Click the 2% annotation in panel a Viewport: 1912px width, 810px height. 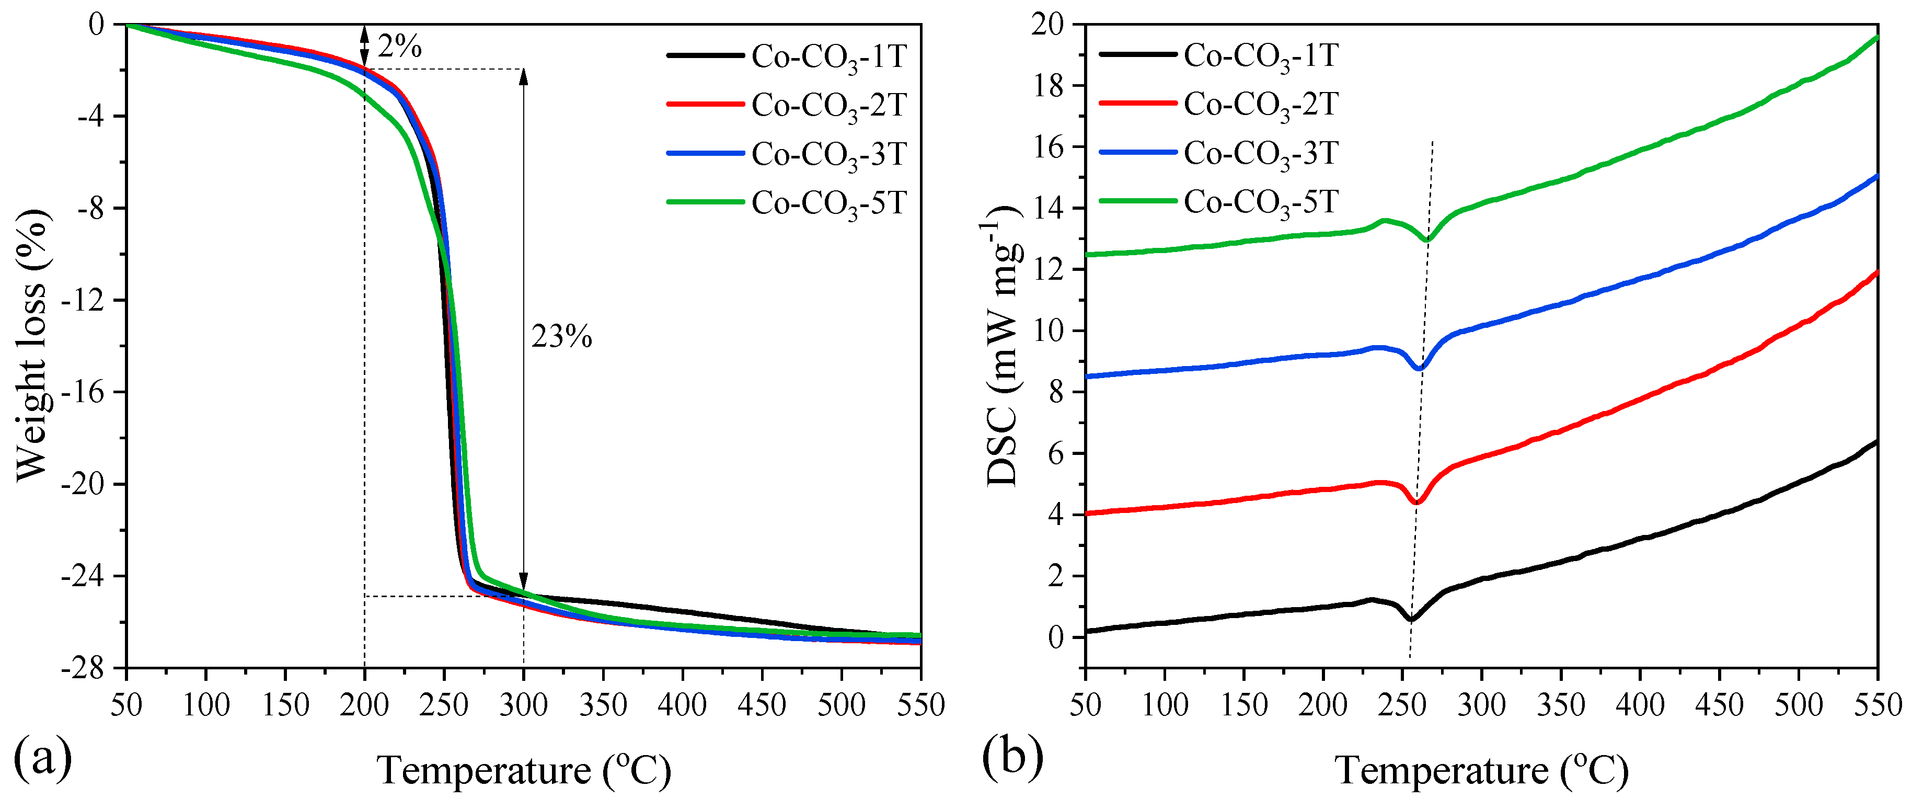(x=399, y=48)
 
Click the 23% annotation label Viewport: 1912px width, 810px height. (x=562, y=338)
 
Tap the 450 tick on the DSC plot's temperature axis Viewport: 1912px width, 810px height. (x=1719, y=704)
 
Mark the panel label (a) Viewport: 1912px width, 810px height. (x=43, y=757)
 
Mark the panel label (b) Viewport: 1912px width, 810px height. (x=1012, y=757)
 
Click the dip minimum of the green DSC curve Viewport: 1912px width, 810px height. (x=1427, y=239)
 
